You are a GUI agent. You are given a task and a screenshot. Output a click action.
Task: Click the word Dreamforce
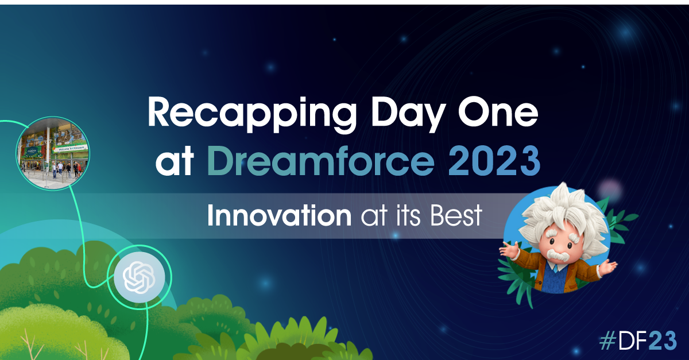(321, 161)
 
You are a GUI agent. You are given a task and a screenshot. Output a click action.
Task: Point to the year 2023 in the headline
(494, 161)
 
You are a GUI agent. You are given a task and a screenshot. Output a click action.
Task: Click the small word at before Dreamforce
(175, 162)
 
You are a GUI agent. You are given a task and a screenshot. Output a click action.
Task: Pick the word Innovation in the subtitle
(279, 215)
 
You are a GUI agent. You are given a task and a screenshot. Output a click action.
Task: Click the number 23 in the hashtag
(663, 340)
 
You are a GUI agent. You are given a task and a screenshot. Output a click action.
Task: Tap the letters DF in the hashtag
(633, 340)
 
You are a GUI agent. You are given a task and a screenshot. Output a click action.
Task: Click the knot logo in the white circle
(139, 277)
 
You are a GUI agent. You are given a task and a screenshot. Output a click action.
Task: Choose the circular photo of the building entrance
(53, 153)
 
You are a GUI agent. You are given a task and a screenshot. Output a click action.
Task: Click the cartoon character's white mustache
(558, 256)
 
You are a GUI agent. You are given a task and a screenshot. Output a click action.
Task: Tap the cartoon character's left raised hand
(509, 249)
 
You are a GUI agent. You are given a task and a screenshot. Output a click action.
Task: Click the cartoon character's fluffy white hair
(564, 212)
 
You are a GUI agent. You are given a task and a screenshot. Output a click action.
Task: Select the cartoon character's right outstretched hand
(607, 267)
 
